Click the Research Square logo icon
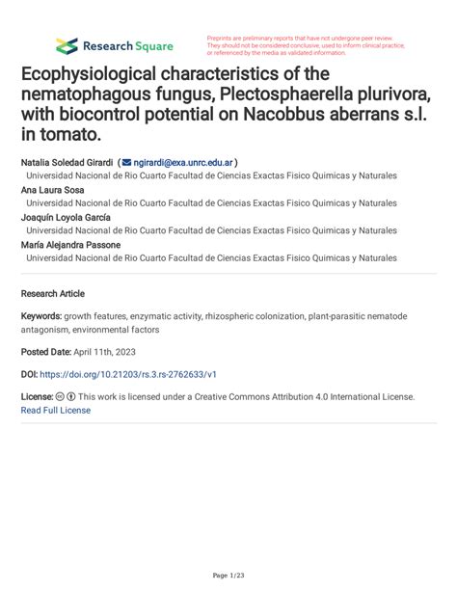point(67,45)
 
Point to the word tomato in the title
point(71,138)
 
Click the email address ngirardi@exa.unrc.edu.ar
point(183,163)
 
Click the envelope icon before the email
point(126,163)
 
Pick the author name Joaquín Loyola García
point(66,217)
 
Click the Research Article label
point(52,293)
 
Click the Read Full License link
point(55,410)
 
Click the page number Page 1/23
point(228,576)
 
